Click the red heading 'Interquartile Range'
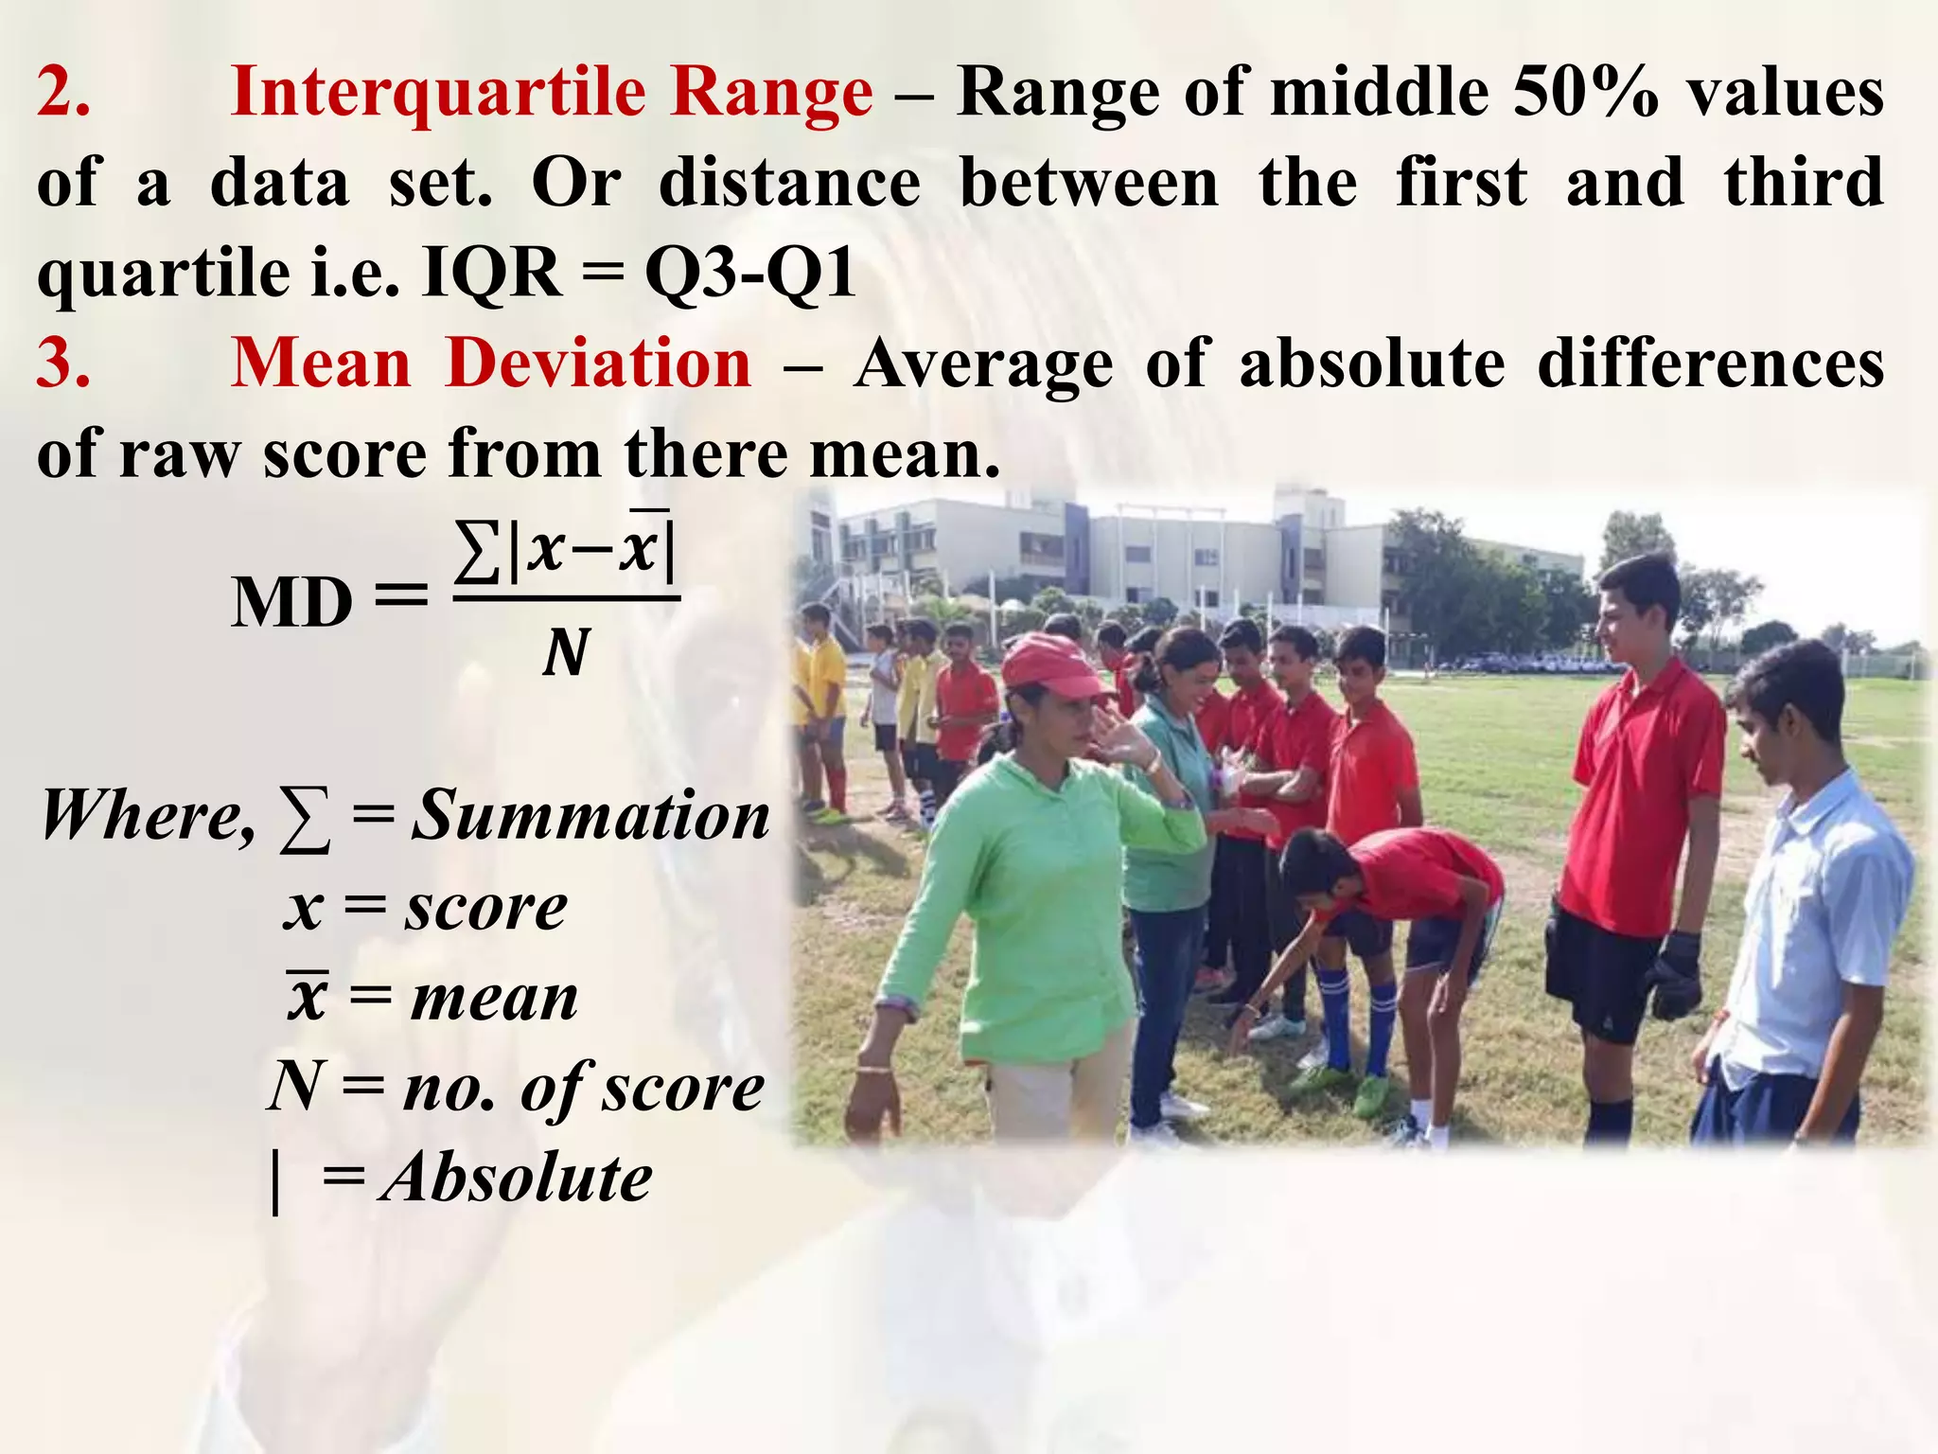point(552,93)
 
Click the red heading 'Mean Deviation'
point(491,363)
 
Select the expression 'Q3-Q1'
point(750,275)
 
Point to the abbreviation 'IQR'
point(492,275)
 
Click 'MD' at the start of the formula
point(291,603)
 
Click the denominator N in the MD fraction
point(566,652)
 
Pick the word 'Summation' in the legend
point(590,815)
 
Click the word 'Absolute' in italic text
point(516,1179)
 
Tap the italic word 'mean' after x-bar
point(494,999)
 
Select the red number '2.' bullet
point(63,93)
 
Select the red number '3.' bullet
point(63,363)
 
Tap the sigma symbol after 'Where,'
point(304,820)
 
